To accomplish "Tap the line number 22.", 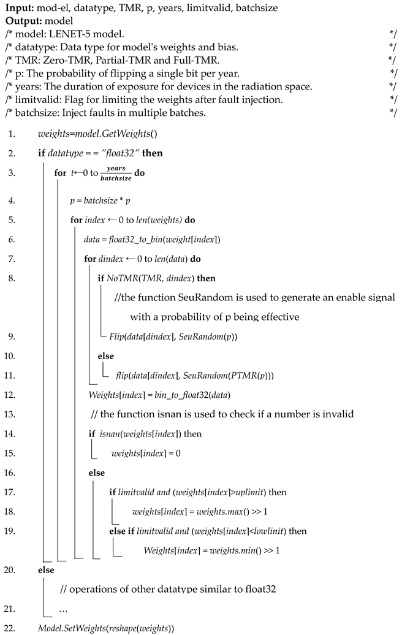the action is (10, 628).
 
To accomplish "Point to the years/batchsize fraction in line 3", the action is (115, 173).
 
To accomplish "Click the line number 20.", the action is (10, 569).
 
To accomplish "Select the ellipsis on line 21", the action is (65, 609).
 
